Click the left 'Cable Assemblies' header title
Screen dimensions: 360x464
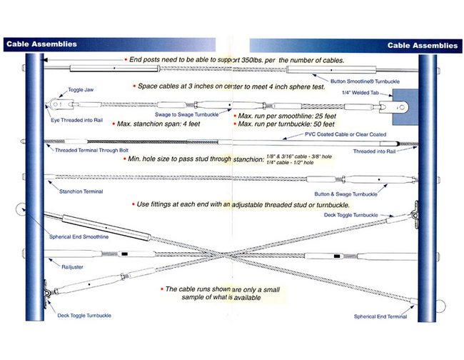click(x=41, y=44)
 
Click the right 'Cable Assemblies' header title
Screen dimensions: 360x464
click(x=422, y=45)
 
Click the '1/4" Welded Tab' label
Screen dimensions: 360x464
click(x=360, y=93)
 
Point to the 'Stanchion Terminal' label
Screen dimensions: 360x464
click(x=81, y=191)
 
